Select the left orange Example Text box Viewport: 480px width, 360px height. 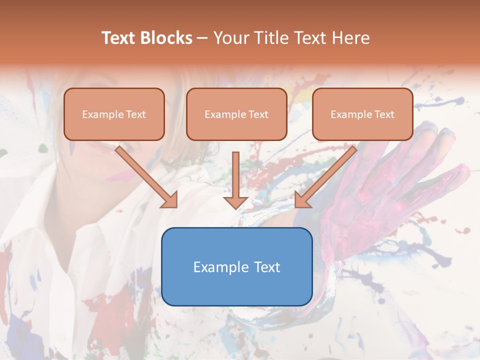click(x=114, y=114)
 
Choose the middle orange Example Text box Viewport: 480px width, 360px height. click(x=236, y=114)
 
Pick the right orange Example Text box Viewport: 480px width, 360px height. click(x=362, y=114)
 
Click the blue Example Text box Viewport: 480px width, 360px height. click(x=236, y=266)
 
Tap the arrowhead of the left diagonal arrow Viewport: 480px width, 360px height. click(x=170, y=200)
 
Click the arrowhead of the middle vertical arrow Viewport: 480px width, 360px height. click(x=236, y=202)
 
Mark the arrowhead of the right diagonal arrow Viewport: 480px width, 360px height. click(x=302, y=200)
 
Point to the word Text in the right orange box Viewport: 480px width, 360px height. click(x=384, y=114)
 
